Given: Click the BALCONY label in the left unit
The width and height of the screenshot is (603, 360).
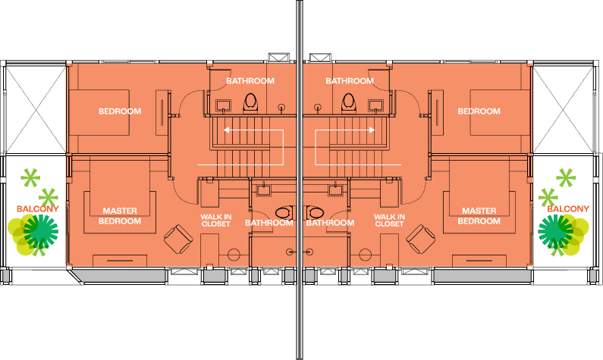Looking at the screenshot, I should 33,208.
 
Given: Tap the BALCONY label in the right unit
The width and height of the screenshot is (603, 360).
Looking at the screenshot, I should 568,208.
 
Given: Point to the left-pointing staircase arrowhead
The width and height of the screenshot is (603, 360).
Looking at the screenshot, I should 226,130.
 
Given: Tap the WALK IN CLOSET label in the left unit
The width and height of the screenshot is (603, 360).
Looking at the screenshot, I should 215,220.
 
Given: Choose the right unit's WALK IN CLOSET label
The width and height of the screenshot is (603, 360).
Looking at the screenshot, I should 389,220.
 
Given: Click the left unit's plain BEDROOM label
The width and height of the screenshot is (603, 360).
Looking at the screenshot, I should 120,111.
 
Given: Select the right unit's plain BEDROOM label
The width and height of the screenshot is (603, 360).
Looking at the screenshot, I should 479,111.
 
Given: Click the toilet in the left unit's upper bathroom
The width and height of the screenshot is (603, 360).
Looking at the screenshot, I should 252,102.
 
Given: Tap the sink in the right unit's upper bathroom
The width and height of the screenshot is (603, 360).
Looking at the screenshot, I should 377,104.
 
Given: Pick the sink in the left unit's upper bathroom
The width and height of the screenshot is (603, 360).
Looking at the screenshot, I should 225,104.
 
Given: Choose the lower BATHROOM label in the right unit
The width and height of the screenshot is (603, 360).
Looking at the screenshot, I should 330,223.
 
